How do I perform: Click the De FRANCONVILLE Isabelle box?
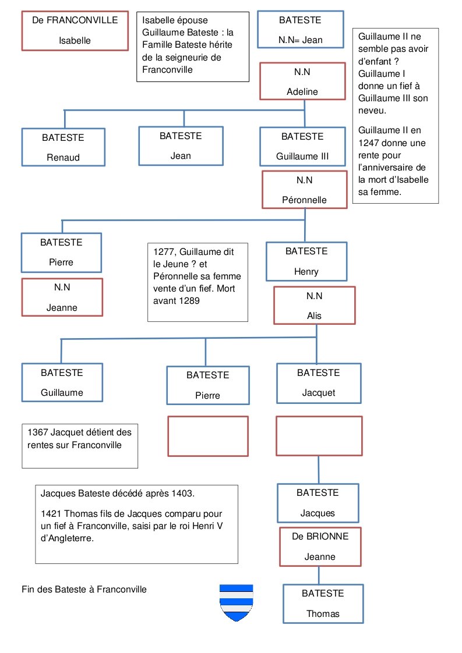coord(75,31)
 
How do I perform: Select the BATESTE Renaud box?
coord(64,147)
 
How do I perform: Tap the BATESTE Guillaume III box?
coord(303,146)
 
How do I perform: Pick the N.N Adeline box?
coord(303,81)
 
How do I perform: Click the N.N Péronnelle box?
coord(304,190)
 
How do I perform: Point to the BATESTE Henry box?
coord(306,261)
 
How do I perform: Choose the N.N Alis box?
coord(315,306)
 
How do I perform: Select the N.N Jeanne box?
coord(62,297)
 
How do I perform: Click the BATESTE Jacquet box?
coord(319,383)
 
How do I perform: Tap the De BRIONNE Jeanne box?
coord(320,546)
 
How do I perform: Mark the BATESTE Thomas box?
coord(323,604)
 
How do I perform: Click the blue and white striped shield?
coord(237,602)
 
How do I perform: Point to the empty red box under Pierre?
coord(208,436)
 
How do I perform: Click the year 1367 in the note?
coord(37,432)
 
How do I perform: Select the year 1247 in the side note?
coord(369,143)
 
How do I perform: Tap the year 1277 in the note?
coord(164,251)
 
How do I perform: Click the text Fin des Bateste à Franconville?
coord(84,590)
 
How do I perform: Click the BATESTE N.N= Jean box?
coord(301,30)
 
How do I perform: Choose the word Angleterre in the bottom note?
coord(71,538)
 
